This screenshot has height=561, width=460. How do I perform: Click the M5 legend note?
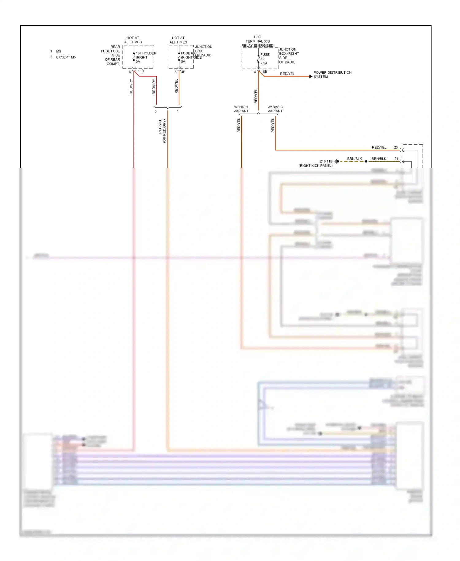tap(58, 52)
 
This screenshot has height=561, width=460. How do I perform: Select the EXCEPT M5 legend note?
tap(66, 57)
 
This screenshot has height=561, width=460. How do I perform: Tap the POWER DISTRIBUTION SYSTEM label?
tap(332, 75)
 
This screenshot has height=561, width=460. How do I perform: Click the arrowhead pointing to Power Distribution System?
tap(311, 76)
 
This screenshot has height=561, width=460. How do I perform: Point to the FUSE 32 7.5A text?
tap(265, 59)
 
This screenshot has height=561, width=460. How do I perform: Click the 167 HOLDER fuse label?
tap(146, 53)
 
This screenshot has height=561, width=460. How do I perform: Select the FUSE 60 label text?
tap(187, 53)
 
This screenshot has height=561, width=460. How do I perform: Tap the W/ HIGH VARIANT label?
tap(241, 109)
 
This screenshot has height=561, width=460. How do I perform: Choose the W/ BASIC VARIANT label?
tap(275, 109)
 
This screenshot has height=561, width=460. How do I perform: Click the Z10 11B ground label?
tap(326, 161)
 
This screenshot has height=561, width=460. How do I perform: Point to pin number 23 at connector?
tap(396, 148)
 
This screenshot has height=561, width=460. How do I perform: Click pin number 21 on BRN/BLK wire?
tap(396, 159)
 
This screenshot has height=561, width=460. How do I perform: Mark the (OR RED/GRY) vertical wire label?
tap(164, 131)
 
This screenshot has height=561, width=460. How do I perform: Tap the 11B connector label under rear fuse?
tap(141, 71)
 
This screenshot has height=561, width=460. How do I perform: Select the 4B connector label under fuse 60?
tap(183, 72)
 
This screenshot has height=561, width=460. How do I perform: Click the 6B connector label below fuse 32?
tap(265, 72)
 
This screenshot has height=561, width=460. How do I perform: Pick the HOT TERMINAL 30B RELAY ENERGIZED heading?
tap(257, 41)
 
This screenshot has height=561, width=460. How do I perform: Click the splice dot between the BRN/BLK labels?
tap(366, 161)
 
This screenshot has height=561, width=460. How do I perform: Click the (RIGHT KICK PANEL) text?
tap(316, 166)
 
